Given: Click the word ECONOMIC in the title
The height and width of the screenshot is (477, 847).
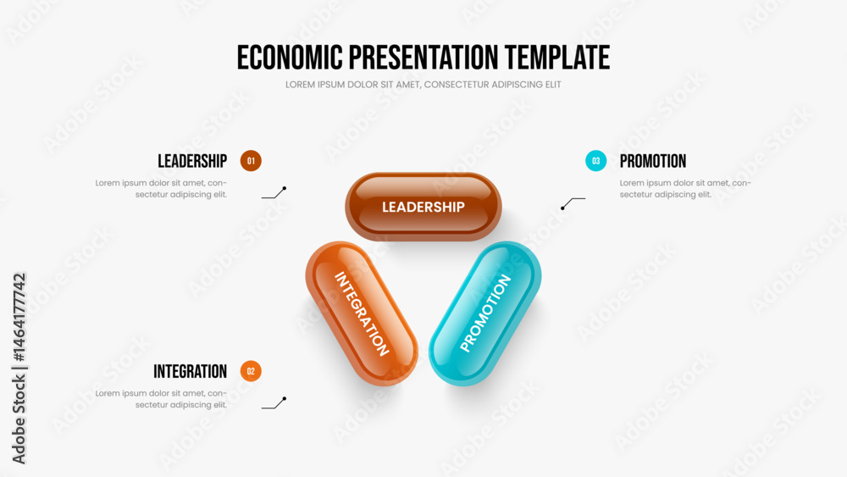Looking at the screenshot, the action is [290, 58].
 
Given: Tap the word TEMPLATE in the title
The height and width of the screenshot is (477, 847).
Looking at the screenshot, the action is [557, 58].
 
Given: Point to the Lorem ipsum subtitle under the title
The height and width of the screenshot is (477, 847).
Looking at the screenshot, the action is [423, 85].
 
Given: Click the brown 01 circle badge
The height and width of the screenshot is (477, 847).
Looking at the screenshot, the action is [251, 161].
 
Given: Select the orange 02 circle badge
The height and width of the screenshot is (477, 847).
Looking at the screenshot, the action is [251, 371].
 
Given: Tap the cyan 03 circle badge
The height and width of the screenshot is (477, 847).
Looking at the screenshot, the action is [595, 161].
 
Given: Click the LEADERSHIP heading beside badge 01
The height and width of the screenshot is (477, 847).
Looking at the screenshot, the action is [192, 161].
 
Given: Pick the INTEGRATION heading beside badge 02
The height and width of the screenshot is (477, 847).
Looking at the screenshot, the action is [190, 371].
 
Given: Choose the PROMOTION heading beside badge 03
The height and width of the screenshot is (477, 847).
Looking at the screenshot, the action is [652, 161].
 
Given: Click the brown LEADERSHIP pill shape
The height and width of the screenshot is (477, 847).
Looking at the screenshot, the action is [423, 207].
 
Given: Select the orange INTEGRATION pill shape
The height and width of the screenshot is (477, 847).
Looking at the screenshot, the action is [362, 313].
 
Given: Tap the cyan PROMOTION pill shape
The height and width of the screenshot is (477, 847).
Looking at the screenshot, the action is [485, 313].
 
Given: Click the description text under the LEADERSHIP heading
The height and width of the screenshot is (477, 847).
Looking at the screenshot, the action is [161, 189].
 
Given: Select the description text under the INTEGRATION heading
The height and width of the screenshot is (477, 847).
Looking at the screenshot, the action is [161, 399].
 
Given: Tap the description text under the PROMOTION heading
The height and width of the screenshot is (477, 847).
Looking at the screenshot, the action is [685, 189].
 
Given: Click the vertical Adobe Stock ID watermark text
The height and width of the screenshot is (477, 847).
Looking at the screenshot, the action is [19, 369].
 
